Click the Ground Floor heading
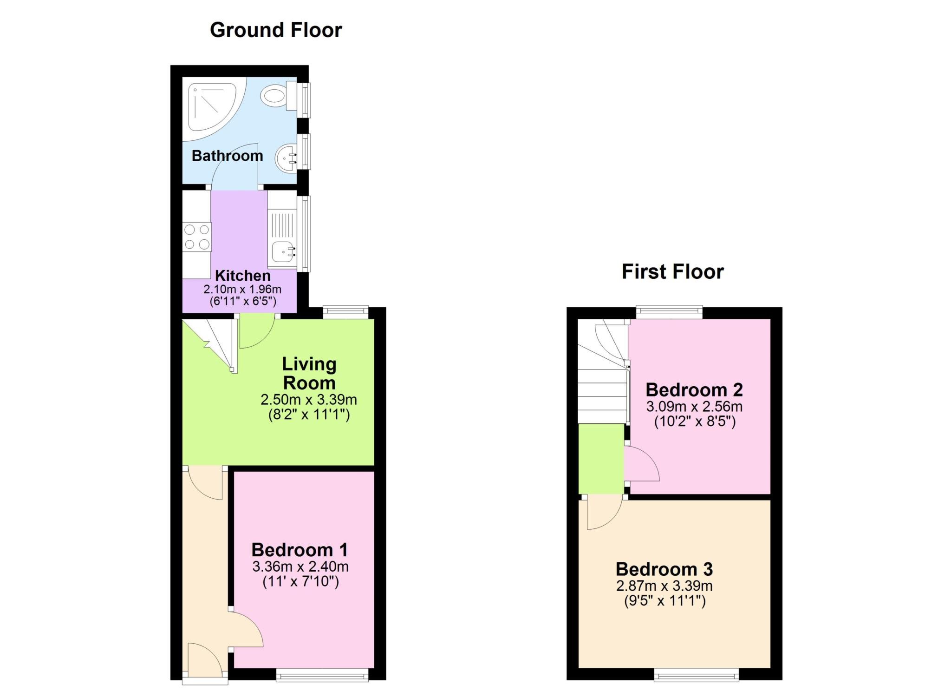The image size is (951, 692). (276, 30)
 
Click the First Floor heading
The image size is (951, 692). (672, 272)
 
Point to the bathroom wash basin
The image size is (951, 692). (287, 158)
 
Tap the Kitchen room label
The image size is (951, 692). (243, 276)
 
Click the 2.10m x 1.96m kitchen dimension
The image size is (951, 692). (242, 289)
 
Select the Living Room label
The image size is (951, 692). (309, 374)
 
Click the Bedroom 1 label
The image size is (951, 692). (300, 550)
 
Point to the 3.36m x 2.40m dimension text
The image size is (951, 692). (300, 567)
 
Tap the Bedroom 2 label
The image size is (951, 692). (694, 389)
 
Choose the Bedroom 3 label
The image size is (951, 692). (664, 569)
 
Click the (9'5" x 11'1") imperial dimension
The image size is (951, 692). (664, 601)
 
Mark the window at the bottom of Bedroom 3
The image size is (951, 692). (697, 675)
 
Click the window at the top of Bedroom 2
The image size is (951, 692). (669, 312)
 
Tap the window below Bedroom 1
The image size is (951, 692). (322, 675)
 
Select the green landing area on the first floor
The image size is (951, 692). (601, 459)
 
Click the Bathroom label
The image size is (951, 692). (228, 156)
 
